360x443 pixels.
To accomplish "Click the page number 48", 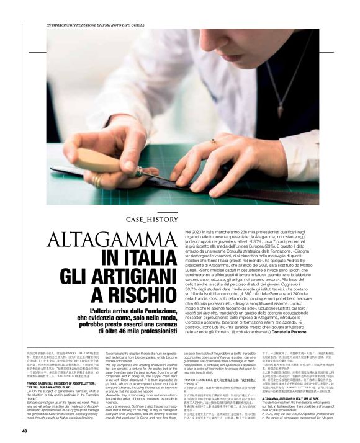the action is (24, 413).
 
